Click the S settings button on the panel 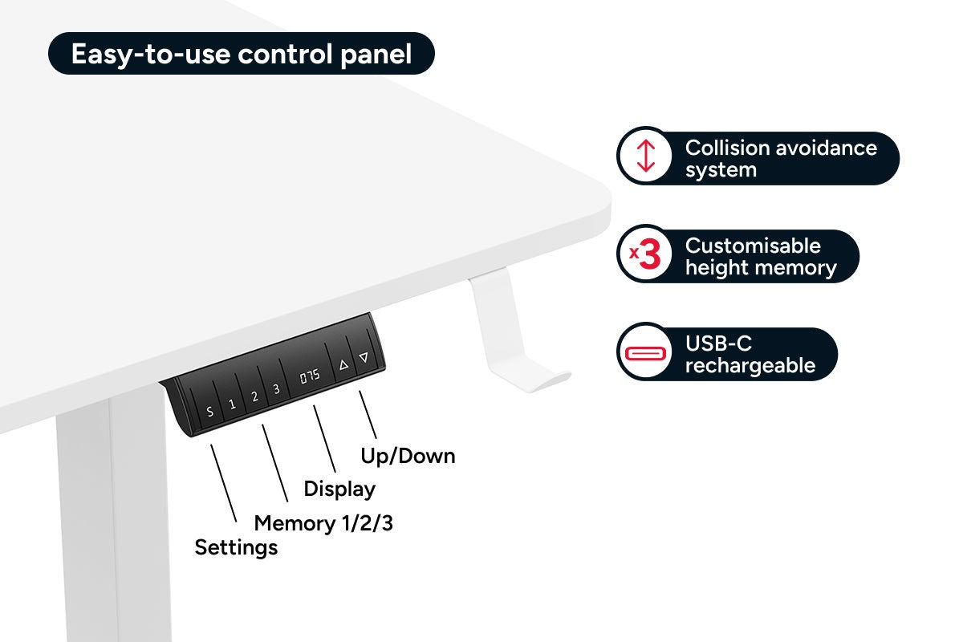point(210,412)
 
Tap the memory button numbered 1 point(233,404)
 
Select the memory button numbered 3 point(276,389)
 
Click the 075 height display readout point(310,376)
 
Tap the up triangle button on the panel point(343,365)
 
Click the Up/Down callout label point(408,456)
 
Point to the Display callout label point(339,489)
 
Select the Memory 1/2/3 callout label point(323,524)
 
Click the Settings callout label point(236,547)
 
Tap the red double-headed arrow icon point(646,157)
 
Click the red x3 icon point(645,256)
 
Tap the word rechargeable point(750,366)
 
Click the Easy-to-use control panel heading point(242,54)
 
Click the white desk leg point(112,522)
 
